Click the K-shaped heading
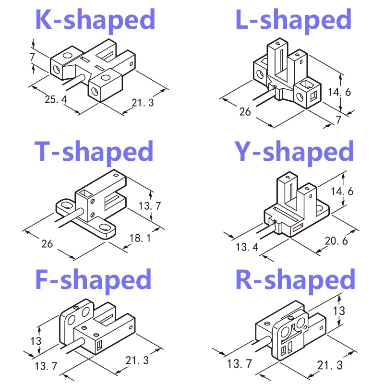95,20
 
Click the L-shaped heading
293,20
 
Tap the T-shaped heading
94,152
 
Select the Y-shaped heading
294,152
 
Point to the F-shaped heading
93,280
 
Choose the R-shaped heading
295,280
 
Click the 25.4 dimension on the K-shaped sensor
56,99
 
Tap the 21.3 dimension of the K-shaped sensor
143,103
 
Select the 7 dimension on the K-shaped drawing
32,57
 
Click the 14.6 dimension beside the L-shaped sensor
339,92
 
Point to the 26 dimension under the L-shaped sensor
245,112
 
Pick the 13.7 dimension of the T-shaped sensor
150,206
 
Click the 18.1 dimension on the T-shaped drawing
140,238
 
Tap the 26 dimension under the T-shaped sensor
47,244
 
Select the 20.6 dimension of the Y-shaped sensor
336,241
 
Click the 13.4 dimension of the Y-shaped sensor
247,247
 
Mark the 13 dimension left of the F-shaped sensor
36,341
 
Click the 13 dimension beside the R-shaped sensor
339,311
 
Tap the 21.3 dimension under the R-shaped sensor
330,365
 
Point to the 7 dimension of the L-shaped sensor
339,120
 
